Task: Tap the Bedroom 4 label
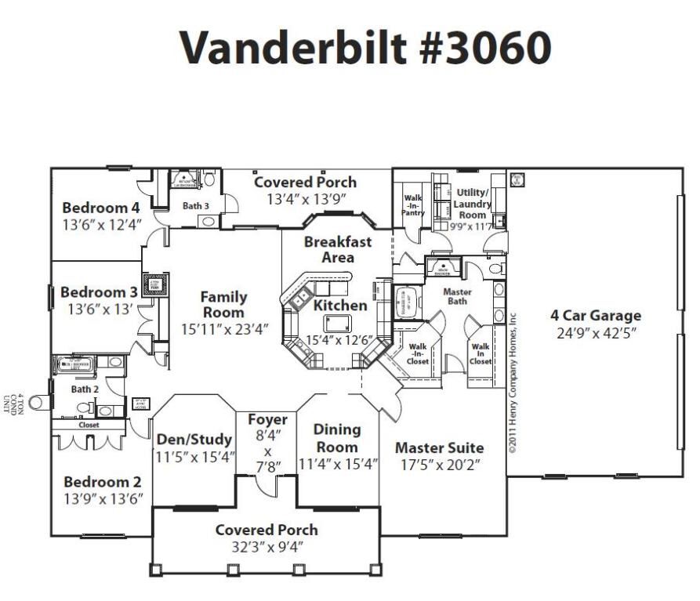coord(100,208)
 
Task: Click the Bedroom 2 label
coord(102,481)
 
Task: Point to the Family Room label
coord(223,305)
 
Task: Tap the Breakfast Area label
coord(338,249)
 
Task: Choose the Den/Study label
coord(194,439)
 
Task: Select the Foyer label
coord(267,419)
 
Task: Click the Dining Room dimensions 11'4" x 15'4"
coord(338,463)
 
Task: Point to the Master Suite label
coord(439,447)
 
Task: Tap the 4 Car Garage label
coord(595,316)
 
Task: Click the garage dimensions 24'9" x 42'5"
coord(595,333)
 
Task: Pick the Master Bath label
coord(457,295)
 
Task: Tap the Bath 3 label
coord(196,206)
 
